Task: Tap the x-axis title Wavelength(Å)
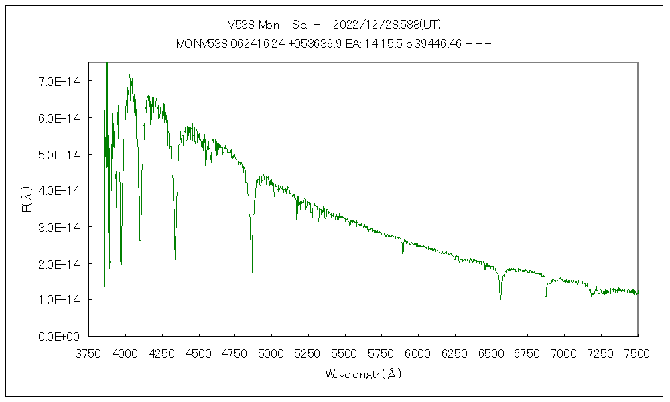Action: [x=363, y=374]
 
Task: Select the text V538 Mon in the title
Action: [x=253, y=25]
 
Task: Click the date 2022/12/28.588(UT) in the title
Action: [x=387, y=25]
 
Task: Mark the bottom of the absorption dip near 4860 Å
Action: [x=251, y=273]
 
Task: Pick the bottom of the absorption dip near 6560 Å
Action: [x=500, y=299]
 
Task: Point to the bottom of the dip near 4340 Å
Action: [x=175, y=259]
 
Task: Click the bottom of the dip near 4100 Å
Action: [x=140, y=239]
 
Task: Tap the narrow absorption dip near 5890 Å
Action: [x=403, y=253]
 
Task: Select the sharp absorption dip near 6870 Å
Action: [x=545, y=295]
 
